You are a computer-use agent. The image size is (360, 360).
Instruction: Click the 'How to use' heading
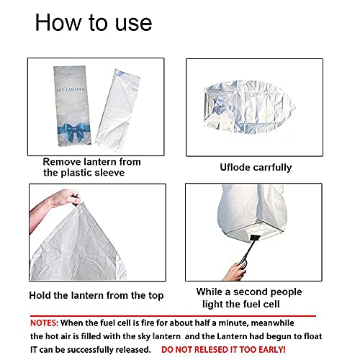pyautogui.click(x=94, y=22)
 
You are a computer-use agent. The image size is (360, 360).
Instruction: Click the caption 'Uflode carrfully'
pyautogui.click(x=256, y=167)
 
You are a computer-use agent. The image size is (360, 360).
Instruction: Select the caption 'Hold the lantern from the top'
pyautogui.click(x=96, y=295)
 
